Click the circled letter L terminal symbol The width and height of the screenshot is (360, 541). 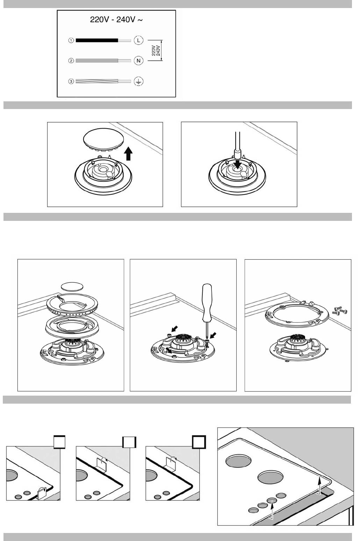pyautogui.click(x=138, y=40)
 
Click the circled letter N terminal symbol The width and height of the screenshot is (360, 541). pyautogui.click(x=138, y=60)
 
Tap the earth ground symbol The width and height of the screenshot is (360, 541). pyautogui.click(x=138, y=81)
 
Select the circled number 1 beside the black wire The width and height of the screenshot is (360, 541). pyautogui.click(x=71, y=40)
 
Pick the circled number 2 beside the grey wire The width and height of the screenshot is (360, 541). pyautogui.click(x=71, y=60)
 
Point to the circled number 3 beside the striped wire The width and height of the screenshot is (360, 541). pyautogui.click(x=71, y=81)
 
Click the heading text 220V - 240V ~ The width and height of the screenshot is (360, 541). pyautogui.click(x=116, y=19)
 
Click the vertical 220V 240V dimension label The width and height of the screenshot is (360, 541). pyautogui.click(x=156, y=50)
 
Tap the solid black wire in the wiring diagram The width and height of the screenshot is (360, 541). pyautogui.click(x=97, y=40)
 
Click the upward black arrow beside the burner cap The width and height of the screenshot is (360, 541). pyautogui.click(x=129, y=154)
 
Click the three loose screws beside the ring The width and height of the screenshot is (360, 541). pyautogui.click(x=340, y=311)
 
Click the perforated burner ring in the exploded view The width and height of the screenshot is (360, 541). pyautogui.click(x=72, y=304)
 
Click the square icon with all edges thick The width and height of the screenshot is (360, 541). pyautogui.click(x=199, y=442)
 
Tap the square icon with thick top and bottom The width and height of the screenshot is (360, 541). pyautogui.click(x=59, y=442)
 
